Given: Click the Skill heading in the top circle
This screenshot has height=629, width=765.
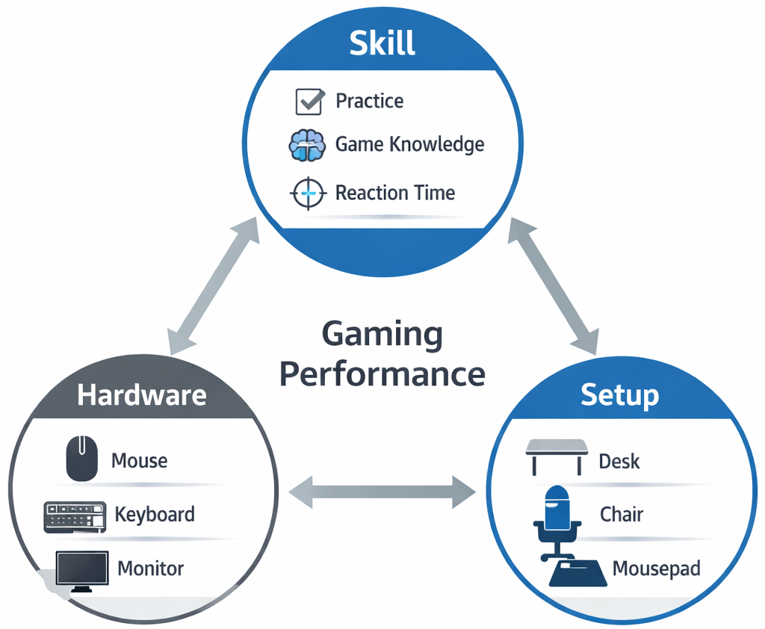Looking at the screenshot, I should pos(382,43).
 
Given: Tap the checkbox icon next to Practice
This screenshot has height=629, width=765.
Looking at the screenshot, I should pos(309,101).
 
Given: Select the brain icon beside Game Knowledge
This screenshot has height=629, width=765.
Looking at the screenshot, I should pos(307,146).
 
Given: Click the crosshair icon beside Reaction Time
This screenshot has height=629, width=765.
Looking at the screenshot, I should pos(308,193).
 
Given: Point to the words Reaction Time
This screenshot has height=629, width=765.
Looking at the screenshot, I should pos(395,193).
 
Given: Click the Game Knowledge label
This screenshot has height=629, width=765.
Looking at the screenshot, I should pos(409,144).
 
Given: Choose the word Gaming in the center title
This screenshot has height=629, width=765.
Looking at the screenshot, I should pos(382,334).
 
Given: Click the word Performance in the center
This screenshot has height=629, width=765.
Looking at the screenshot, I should pos(382,373).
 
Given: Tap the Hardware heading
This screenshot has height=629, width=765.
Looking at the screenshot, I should pos(141,394).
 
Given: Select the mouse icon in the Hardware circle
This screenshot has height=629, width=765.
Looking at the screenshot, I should pos(81,459).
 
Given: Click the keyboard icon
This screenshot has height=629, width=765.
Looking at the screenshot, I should pos(75,516).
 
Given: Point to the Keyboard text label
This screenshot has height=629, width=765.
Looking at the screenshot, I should pos(155,514).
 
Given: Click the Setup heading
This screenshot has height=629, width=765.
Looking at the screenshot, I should pos(619,394).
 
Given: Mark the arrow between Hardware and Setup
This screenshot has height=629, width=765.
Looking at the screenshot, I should pos(382,491).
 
